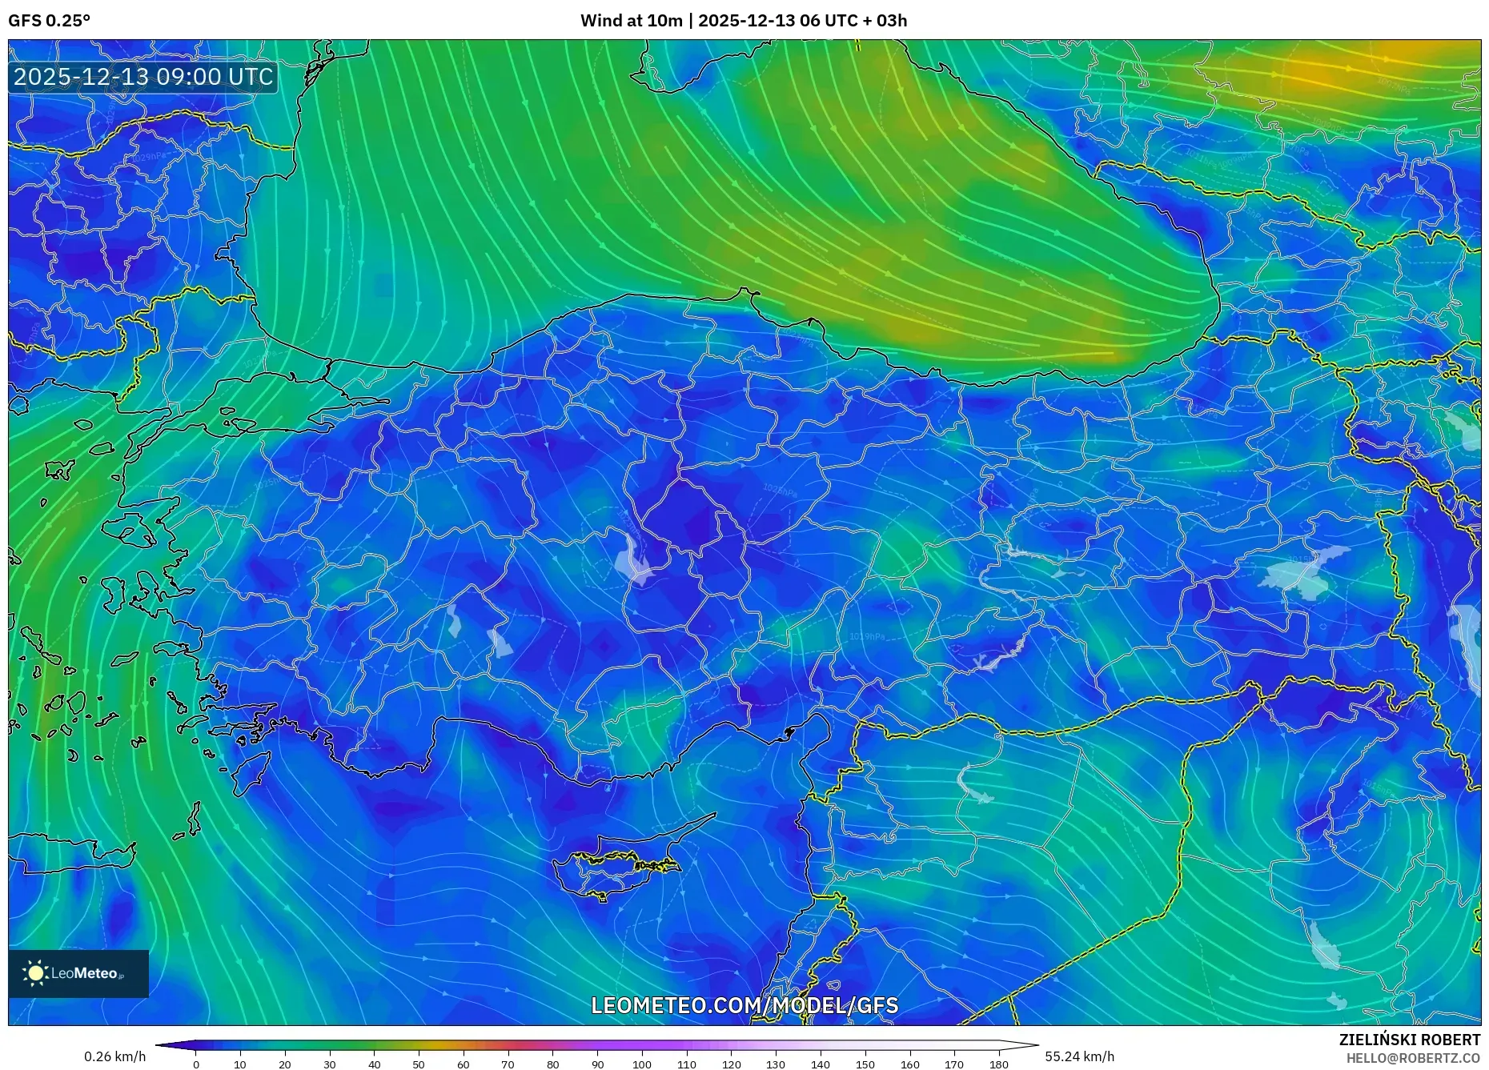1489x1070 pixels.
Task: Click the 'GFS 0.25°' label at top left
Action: pyautogui.click(x=49, y=21)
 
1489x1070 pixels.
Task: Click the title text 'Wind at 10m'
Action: pyautogui.click(x=631, y=21)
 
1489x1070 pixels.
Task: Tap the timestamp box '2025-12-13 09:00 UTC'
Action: pyautogui.click(x=143, y=78)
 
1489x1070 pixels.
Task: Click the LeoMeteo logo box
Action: pyautogui.click(x=78, y=973)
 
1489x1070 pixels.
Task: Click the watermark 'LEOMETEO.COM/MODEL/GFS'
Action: pyautogui.click(x=744, y=1005)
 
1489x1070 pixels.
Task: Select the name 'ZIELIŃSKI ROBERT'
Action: pyautogui.click(x=1409, y=1040)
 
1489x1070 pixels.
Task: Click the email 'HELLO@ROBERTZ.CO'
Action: pyautogui.click(x=1413, y=1058)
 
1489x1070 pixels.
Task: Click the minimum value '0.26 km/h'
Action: pyautogui.click(x=115, y=1056)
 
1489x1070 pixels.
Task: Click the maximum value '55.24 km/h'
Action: pyautogui.click(x=1079, y=1056)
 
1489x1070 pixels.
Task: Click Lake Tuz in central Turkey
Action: pyautogui.click(x=634, y=560)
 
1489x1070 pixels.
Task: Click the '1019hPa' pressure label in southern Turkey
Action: pyautogui.click(x=866, y=637)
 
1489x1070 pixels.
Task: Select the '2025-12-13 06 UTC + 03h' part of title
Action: pyautogui.click(x=802, y=21)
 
